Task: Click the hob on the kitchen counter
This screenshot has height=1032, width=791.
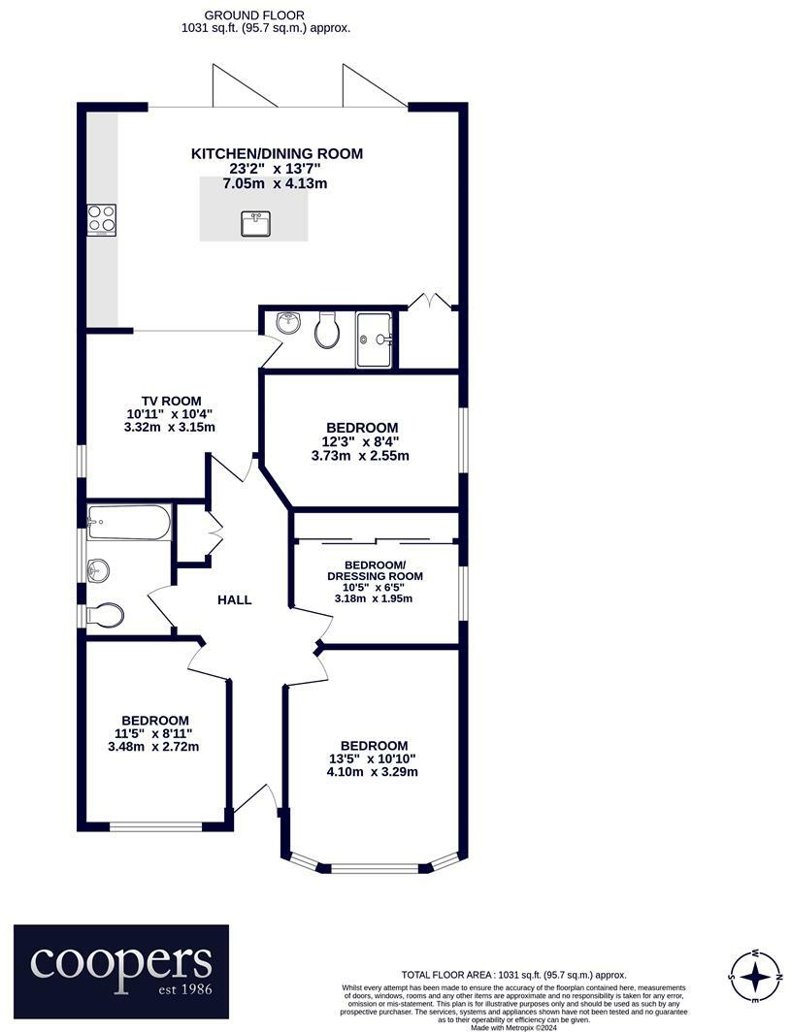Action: click(102, 220)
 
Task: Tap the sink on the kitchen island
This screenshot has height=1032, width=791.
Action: click(254, 224)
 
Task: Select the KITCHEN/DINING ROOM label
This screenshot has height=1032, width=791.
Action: click(277, 153)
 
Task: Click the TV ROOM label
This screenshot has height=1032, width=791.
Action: click(171, 401)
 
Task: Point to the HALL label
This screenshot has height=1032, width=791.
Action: click(235, 600)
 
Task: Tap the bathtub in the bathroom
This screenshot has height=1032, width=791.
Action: click(129, 523)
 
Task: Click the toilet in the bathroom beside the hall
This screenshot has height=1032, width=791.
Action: click(105, 614)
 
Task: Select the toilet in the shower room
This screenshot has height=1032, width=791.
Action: click(328, 330)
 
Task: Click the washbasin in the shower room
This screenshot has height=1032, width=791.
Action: click(288, 323)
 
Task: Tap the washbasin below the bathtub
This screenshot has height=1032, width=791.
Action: click(98, 570)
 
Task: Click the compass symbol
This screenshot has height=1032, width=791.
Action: click(755, 975)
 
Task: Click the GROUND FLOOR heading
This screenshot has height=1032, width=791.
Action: click(254, 16)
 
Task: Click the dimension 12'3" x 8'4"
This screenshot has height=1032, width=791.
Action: click(361, 441)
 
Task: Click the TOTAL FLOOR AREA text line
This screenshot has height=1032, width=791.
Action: click(513, 975)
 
